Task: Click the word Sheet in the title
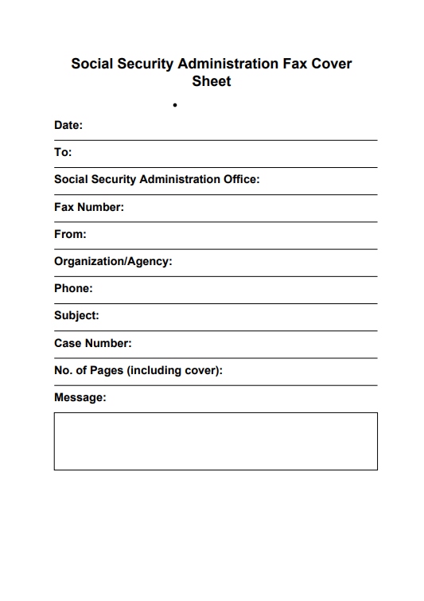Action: [x=212, y=81]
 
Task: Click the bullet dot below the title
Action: [x=174, y=104]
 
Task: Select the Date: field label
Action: [x=68, y=125]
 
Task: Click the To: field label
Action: [x=63, y=152]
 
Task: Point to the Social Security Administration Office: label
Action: [x=157, y=179]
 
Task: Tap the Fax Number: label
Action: [x=89, y=207]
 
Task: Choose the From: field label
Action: [x=70, y=234]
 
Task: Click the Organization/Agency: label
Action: [x=113, y=261]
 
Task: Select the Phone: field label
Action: [x=73, y=288]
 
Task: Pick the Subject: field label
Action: [x=76, y=315]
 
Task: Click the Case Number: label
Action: [x=93, y=343]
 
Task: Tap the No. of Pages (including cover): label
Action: [x=138, y=370]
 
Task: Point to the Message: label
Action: [x=80, y=397]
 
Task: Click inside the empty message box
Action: [x=216, y=441]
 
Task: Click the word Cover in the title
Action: [x=332, y=64]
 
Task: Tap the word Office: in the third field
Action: [x=239, y=179]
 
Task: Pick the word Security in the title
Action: [x=146, y=64]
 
